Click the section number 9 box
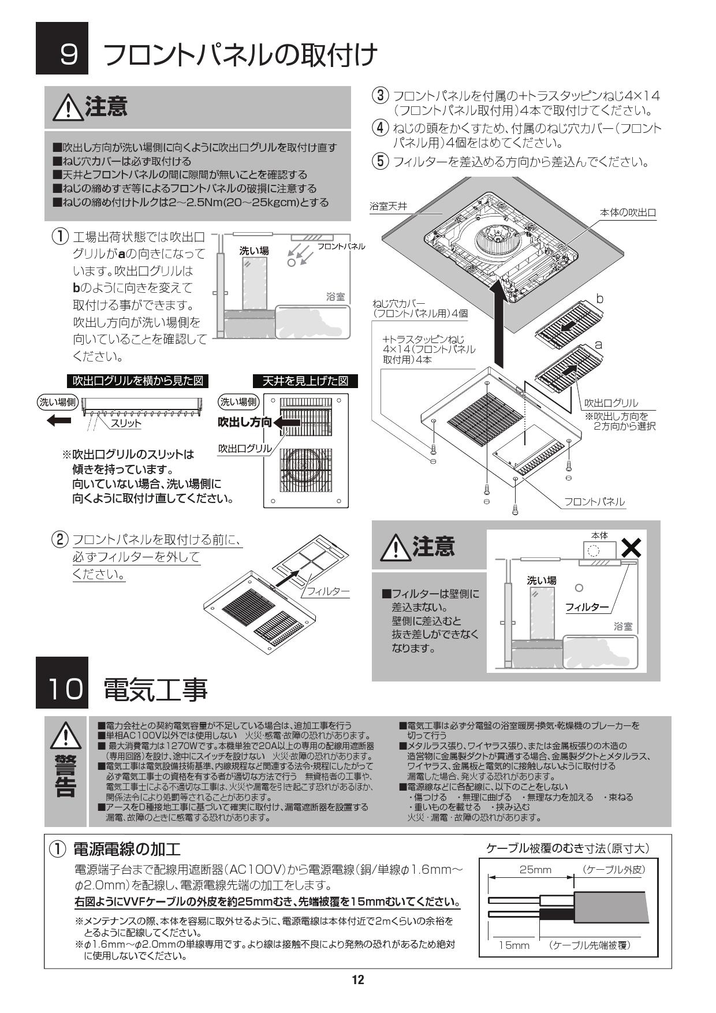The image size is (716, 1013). pyautogui.click(x=62, y=49)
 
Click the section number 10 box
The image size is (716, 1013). pyautogui.click(x=62, y=683)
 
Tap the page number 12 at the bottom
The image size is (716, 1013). pyautogui.click(x=358, y=980)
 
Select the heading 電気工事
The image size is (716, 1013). pyautogui.click(x=155, y=689)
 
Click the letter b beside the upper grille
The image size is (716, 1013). pyautogui.click(x=599, y=299)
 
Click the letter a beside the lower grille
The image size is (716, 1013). pyautogui.click(x=599, y=344)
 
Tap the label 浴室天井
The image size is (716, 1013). pyautogui.click(x=388, y=206)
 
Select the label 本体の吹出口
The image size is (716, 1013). pyautogui.click(x=629, y=213)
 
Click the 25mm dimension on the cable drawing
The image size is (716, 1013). pyautogui.click(x=535, y=870)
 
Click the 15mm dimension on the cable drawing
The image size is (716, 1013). pyautogui.click(x=514, y=945)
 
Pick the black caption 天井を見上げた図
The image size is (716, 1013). pyautogui.click(x=305, y=381)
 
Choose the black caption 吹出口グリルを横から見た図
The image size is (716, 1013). pyautogui.click(x=137, y=381)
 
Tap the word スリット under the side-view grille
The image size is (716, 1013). pyautogui.click(x=126, y=423)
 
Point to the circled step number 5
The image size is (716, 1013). pyautogui.click(x=380, y=161)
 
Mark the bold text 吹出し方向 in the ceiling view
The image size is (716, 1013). pyautogui.click(x=244, y=422)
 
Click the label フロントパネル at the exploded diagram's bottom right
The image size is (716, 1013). pyautogui.click(x=594, y=502)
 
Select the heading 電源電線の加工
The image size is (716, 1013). pyautogui.click(x=126, y=848)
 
